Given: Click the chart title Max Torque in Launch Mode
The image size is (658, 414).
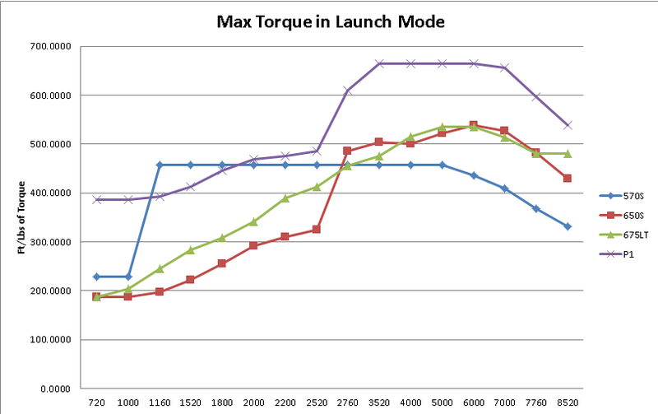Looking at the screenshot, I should [x=330, y=21].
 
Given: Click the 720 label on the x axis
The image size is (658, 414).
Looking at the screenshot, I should [x=96, y=403].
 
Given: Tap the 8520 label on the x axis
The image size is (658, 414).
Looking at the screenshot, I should [x=568, y=403].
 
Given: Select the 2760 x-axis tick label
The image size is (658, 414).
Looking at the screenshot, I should [x=347, y=403].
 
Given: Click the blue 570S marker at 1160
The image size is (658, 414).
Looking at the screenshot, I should [x=160, y=165].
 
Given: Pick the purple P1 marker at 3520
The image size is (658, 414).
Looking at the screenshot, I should [x=379, y=63].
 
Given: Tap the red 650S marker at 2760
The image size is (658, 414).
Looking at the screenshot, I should [x=347, y=151].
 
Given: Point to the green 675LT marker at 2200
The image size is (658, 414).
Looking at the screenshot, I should [x=285, y=198].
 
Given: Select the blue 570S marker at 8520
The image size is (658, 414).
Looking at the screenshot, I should [x=568, y=226].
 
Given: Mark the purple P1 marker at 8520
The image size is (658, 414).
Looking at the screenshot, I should [x=568, y=125].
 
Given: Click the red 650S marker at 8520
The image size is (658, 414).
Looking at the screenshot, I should [x=568, y=178].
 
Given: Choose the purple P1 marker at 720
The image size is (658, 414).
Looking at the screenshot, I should [x=96, y=199].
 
